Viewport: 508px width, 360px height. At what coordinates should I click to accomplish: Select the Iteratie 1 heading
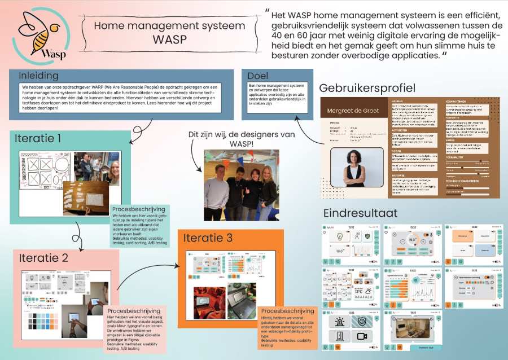tap(36, 138)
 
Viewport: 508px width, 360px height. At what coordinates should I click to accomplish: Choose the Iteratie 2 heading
tap(43, 258)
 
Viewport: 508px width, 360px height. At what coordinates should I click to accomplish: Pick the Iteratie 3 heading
tap(208, 238)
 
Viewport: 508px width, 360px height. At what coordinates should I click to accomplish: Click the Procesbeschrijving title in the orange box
tap(287, 311)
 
